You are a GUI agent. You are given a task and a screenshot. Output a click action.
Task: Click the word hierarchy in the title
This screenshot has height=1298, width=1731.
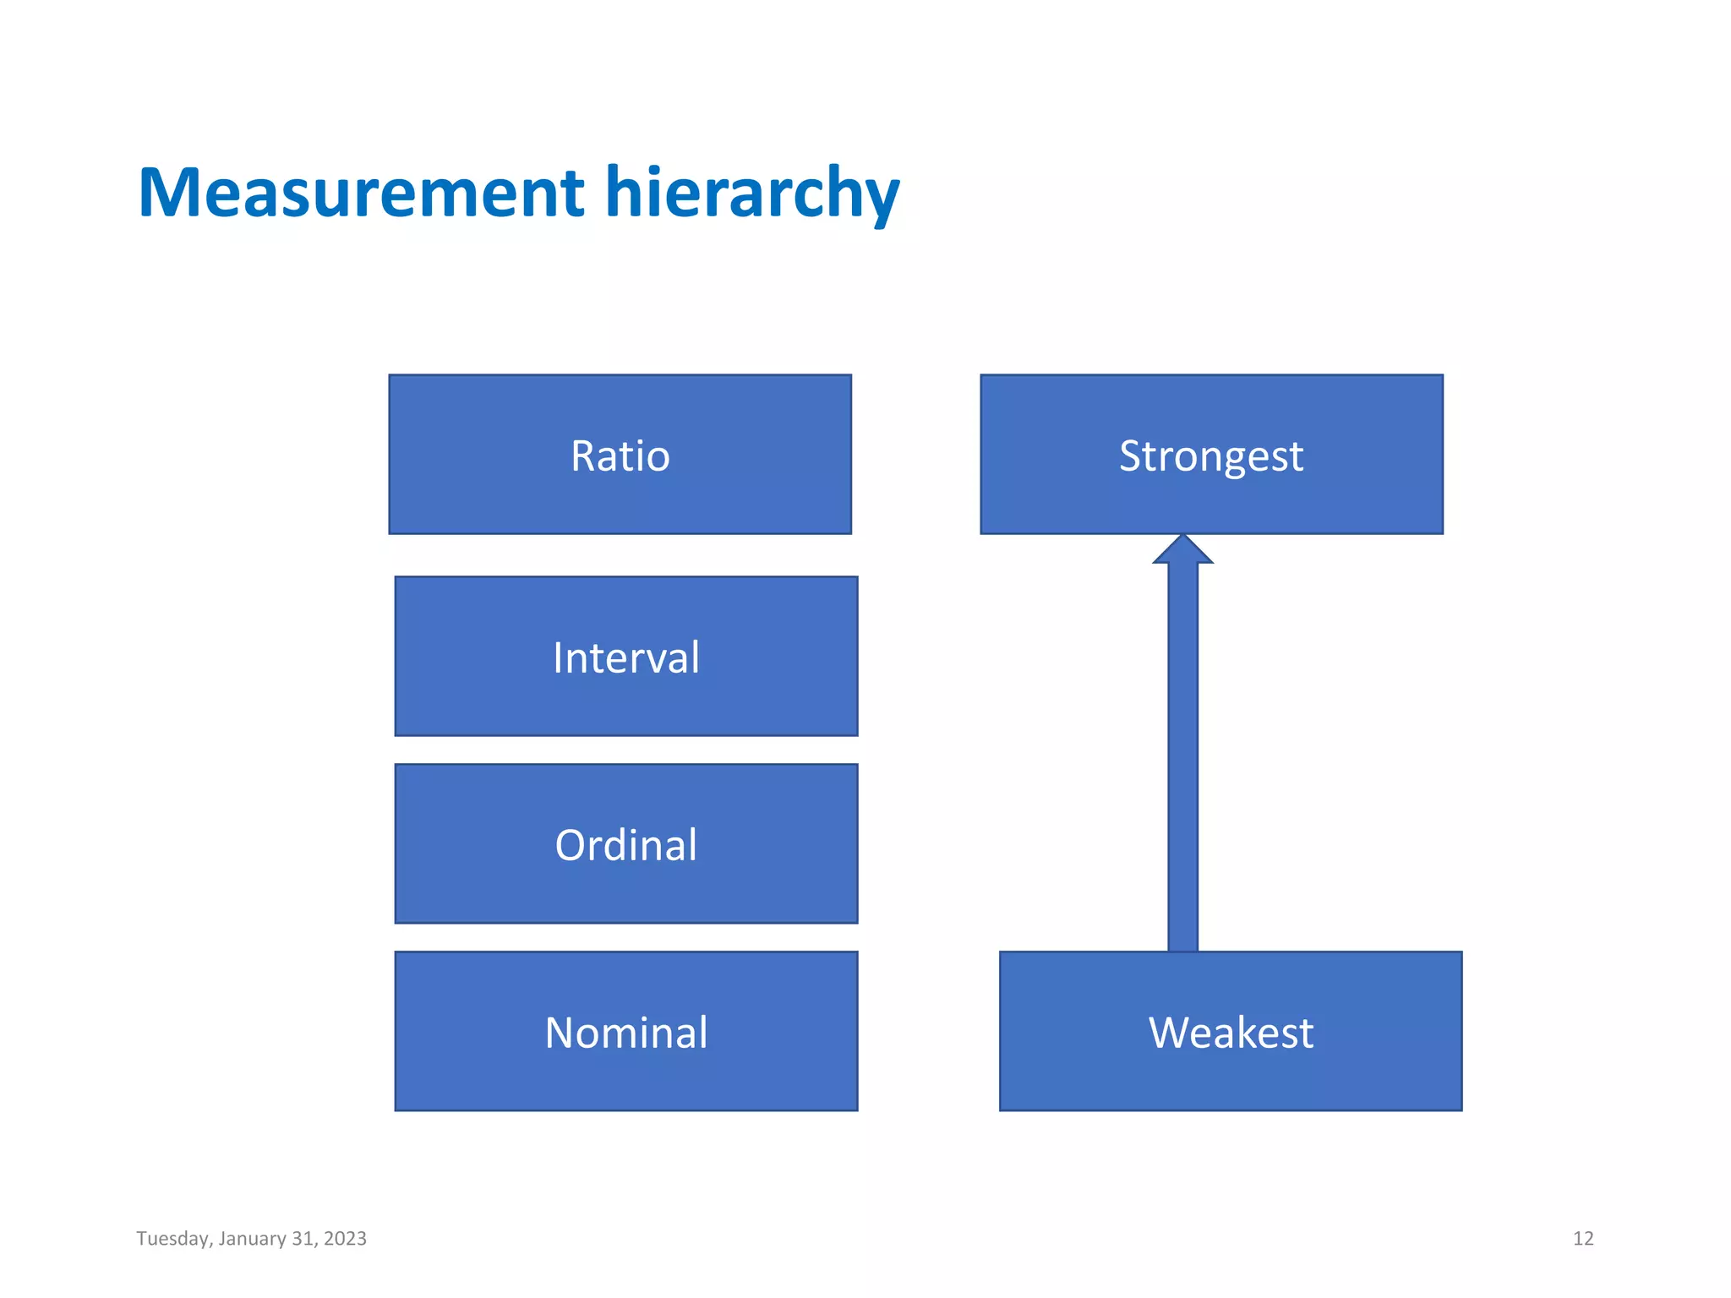coord(751,193)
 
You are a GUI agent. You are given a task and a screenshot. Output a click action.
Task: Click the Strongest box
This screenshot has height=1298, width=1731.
coord(1211,499)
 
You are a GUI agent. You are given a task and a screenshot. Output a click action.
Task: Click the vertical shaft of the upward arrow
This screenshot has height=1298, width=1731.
coord(1182,761)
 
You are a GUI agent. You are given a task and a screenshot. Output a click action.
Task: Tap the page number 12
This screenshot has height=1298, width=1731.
coord(1582,1239)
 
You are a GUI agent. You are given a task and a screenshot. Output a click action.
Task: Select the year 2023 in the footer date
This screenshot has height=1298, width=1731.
coord(345,1239)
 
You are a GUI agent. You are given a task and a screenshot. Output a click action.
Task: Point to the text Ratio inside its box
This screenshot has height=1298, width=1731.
coord(620,456)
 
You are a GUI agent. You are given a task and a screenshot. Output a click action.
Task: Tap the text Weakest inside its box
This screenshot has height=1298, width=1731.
coord(1231,1033)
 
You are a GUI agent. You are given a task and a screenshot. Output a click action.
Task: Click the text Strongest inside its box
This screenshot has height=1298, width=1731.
coord(1211,456)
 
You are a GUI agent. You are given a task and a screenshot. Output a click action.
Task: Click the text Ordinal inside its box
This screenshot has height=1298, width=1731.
coord(626,845)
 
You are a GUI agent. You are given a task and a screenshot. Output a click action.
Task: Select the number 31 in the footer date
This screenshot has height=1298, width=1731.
coord(303,1239)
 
